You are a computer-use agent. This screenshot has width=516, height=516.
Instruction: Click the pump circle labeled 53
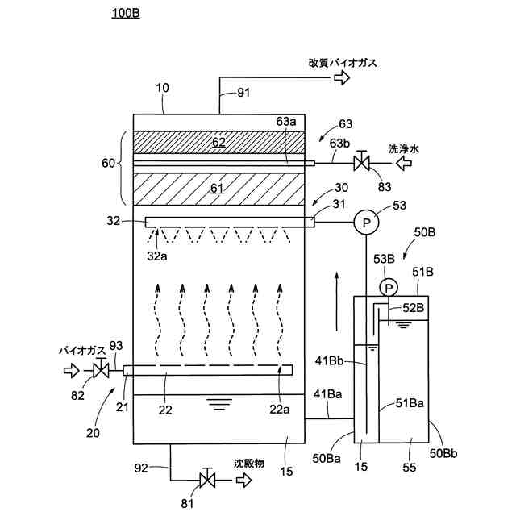362,222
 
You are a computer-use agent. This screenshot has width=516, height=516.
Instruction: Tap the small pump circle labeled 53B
389,287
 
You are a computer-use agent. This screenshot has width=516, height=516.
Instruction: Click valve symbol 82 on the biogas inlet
101,371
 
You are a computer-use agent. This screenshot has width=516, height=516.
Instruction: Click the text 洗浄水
403,149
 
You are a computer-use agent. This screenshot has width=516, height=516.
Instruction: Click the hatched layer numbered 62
218,142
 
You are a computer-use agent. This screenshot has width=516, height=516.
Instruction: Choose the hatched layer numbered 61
218,189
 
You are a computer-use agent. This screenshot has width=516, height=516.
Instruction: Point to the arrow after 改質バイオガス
343,77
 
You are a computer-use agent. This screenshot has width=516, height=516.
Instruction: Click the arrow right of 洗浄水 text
403,164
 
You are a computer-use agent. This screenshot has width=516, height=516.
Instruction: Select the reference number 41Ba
327,393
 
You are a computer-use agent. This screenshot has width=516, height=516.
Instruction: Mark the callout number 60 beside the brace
107,164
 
